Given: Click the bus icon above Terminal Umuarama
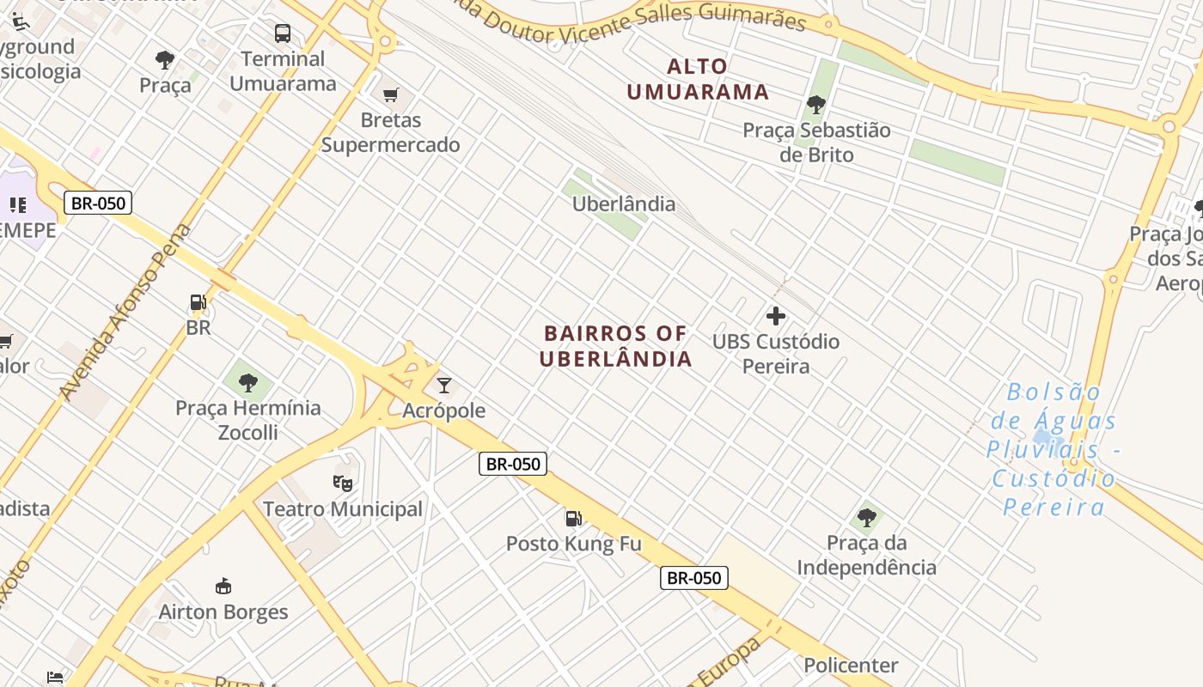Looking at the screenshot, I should coord(283,33).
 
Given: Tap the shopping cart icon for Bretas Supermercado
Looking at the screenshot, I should coord(390,94).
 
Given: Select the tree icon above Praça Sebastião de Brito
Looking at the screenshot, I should coord(815,105).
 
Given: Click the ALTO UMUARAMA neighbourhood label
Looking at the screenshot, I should coord(698,79).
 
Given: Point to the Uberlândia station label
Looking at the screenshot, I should coord(624,204).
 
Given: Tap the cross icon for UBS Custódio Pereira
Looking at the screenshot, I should coord(776,316).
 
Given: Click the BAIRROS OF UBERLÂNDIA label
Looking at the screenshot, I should coord(615,346).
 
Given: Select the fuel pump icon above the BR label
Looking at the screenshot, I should coord(198,302).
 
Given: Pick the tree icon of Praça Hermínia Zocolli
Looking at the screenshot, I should coord(248,382).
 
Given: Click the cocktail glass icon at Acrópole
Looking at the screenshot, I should coord(444,385).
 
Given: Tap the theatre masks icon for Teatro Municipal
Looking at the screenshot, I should coord(343,483).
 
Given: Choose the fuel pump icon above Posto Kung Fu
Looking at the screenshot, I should coord(573,518).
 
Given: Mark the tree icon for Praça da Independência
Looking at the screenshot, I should coord(866,517).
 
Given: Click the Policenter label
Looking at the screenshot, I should coord(851,665).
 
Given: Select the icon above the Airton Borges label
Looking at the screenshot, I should coord(223,587).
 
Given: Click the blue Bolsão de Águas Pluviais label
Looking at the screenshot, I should coord(1053,449).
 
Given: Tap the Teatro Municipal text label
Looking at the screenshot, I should coord(343,509).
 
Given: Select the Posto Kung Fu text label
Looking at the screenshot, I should coord(573,544).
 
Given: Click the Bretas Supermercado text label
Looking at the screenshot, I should coord(391,132).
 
